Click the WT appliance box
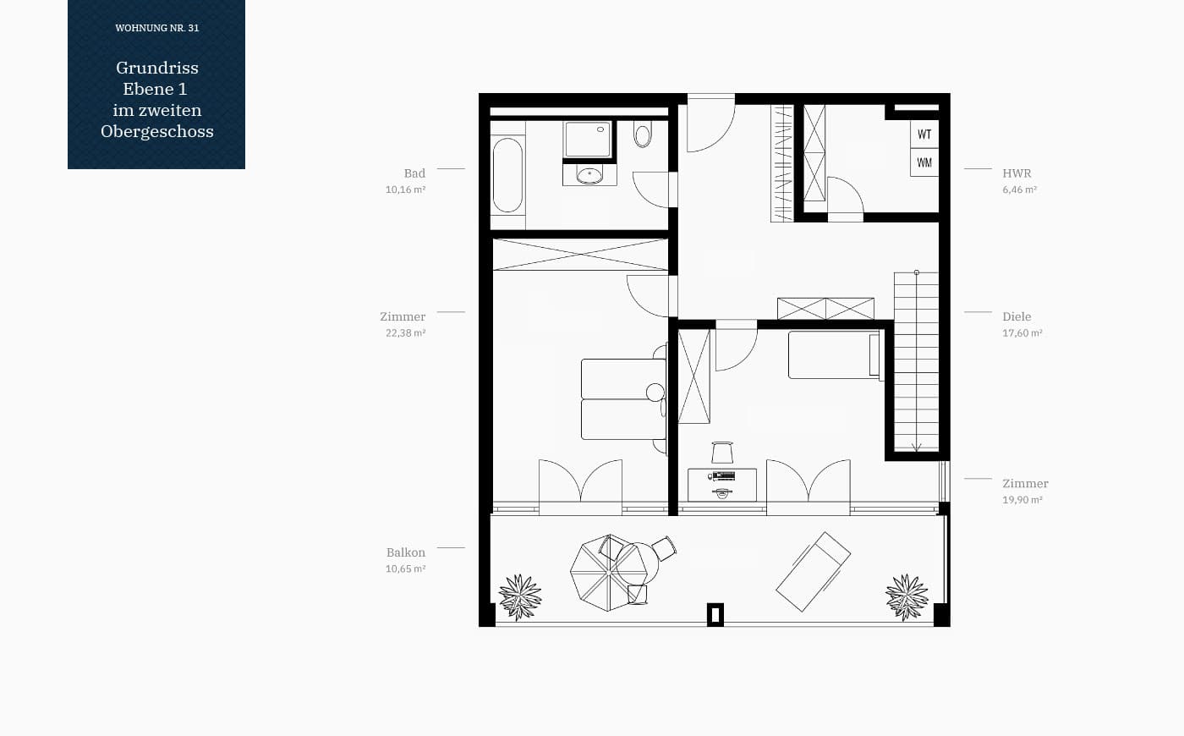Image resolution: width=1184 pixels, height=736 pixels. click(x=924, y=135)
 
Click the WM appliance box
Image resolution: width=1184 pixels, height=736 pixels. click(x=924, y=162)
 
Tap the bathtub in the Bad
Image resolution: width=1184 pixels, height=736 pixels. click(x=507, y=175)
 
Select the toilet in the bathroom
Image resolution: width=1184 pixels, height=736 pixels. click(x=642, y=134)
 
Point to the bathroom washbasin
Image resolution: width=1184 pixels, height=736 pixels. click(x=589, y=174)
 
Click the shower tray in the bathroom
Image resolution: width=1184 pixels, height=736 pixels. click(x=587, y=139)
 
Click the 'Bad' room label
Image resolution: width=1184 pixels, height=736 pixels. click(x=414, y=173)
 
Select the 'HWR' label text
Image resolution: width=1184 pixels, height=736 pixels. click(x=1017, y=173)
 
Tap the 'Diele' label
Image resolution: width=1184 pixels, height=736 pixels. click(x=1017, y=316)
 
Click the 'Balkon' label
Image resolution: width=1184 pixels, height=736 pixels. click(x=405, y=552)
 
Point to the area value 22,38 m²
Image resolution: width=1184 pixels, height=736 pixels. click(x=405, y=333)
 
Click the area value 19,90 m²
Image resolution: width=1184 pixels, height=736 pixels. click(x=1022, y=500)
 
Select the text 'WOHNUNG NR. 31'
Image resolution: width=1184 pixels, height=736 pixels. click(x=157, y=28)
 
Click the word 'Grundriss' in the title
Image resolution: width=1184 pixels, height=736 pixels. click(x=157, y=68)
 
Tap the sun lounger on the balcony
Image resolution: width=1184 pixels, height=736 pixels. click(x=813, y=572)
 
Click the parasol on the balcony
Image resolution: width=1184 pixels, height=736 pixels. click(x=609, y=573)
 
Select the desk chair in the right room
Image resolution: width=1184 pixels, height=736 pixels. click(x=722, y=453)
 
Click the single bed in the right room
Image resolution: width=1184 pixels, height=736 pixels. click(x=834, y=354)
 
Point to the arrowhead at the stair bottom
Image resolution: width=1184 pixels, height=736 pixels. click(x=917, y=448)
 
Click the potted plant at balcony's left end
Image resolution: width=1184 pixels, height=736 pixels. click(x=520, y=597)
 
